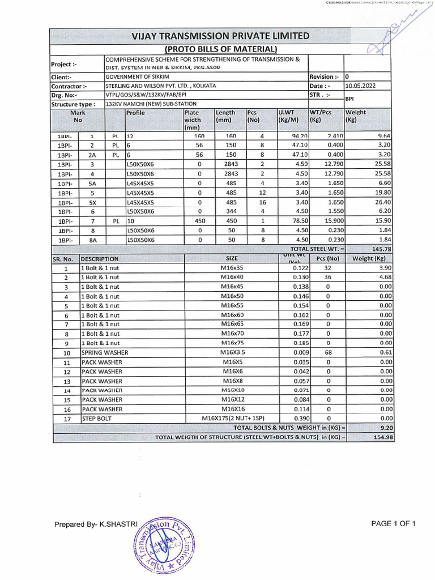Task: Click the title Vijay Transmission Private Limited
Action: tap(221, 37)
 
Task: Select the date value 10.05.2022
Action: tap(359, 86)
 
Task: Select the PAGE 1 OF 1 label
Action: tap(394, 524)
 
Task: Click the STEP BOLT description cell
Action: tap(97, 419)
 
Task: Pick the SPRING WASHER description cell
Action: tap(105, 352)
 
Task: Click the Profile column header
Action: tap(136, 113)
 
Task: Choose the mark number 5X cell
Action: tap(92, 202)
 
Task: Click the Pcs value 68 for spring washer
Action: tap(328, 352)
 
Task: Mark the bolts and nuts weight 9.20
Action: tap(385, 428)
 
